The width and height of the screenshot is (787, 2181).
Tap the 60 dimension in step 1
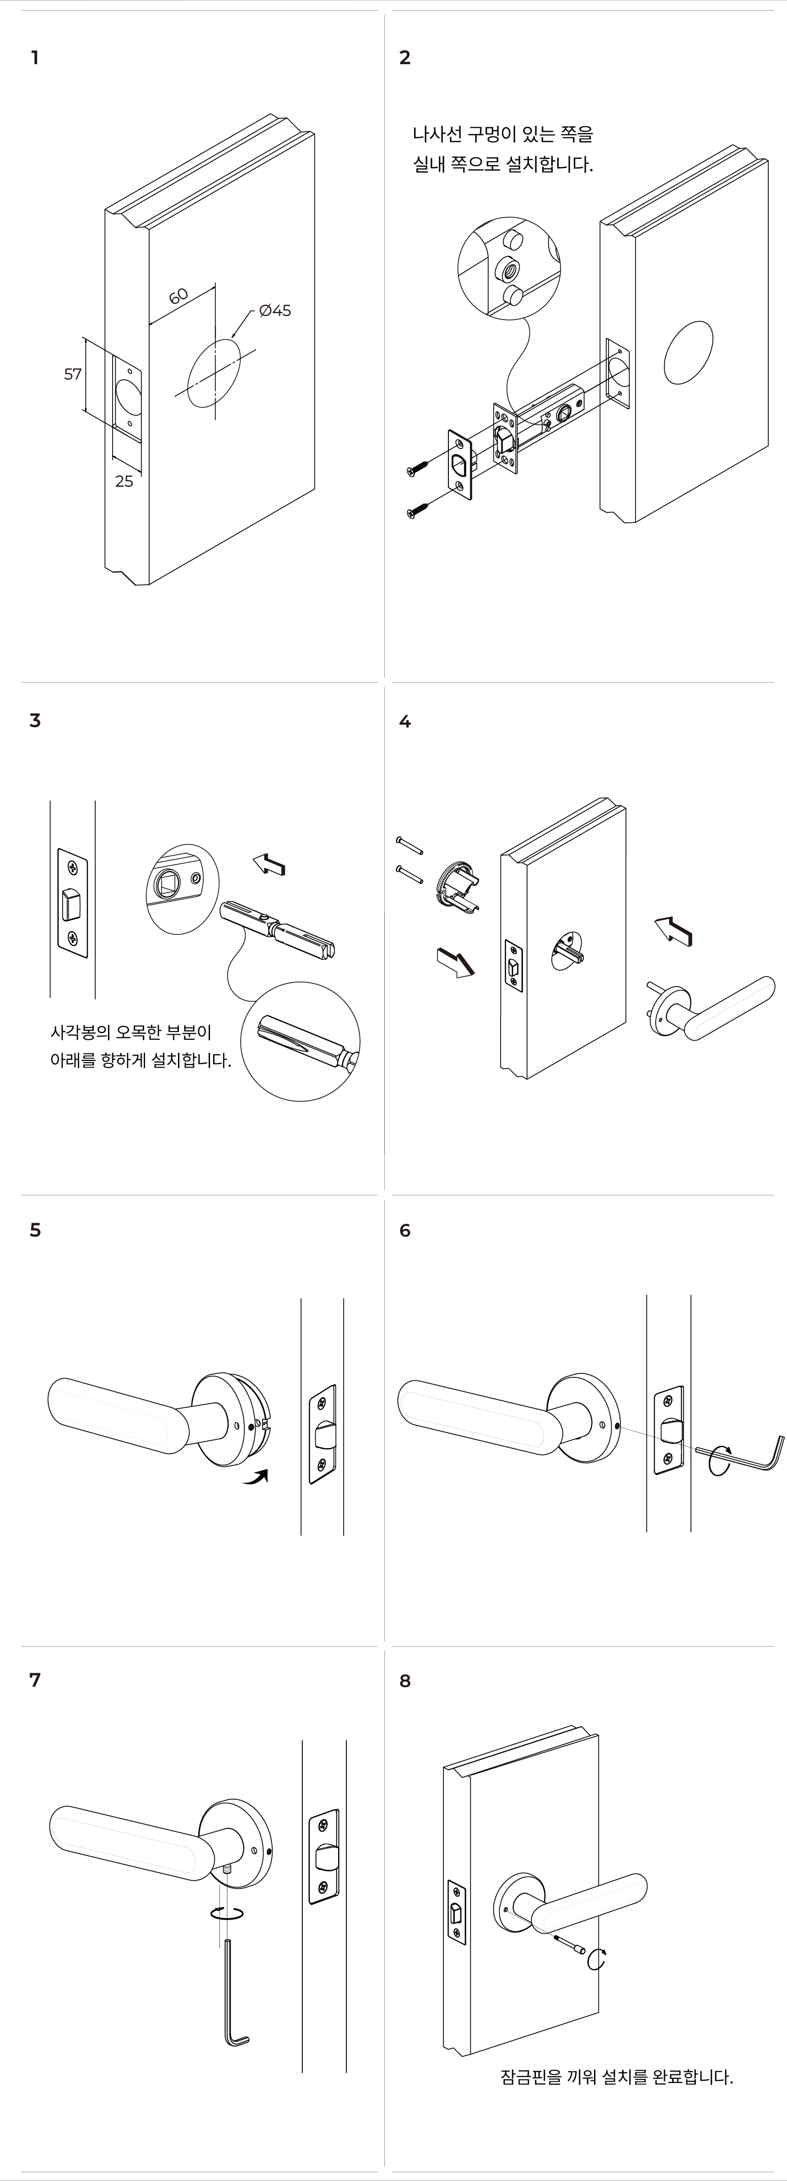tap(178, 296)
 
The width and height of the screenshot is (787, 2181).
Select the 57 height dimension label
tap(73, 374)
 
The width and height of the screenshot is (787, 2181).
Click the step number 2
tap(404, 58)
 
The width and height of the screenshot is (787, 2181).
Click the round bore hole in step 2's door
tap(688, 353)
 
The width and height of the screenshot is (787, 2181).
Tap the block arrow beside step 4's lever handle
tap(674, 930)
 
